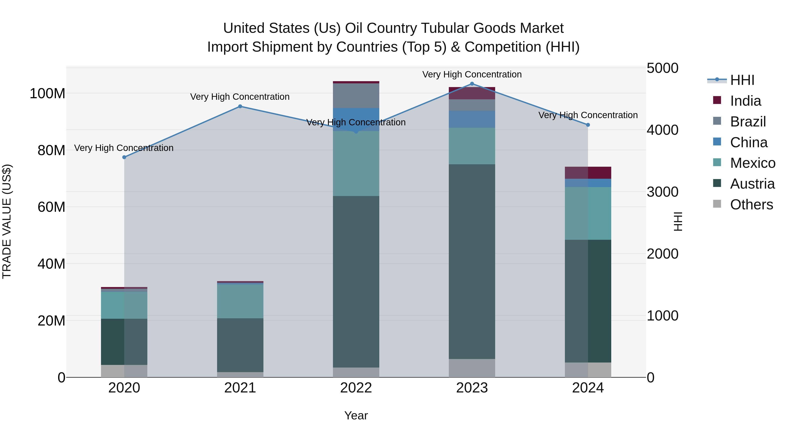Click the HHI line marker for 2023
[472, 84]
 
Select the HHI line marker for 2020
[124, 157]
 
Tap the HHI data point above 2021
[240, 106]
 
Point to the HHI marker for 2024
[588, 125]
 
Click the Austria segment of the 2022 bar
[356, 281]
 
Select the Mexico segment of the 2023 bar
[472, 146]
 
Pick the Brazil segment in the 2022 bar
[356, 96]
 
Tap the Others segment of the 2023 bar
[472, 368]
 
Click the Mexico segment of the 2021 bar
[240, 301]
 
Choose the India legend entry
[745, 101]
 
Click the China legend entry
[749, 142]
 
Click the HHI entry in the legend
[742, 80]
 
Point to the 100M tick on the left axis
[47, 93]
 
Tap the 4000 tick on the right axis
[662, 130]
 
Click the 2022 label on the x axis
[356, 388]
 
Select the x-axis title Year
[356, 415]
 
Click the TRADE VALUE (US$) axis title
[7, 221]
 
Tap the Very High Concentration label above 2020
[124, 148]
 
